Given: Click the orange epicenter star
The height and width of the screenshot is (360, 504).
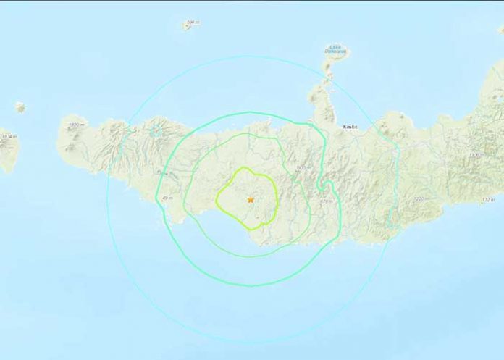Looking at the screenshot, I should coord(251,199).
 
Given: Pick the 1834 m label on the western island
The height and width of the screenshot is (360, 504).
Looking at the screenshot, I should coord(8,136).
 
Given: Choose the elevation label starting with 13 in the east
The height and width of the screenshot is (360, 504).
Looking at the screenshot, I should coord(475,155).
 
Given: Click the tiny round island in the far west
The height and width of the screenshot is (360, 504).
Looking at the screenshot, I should coord(20,108).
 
